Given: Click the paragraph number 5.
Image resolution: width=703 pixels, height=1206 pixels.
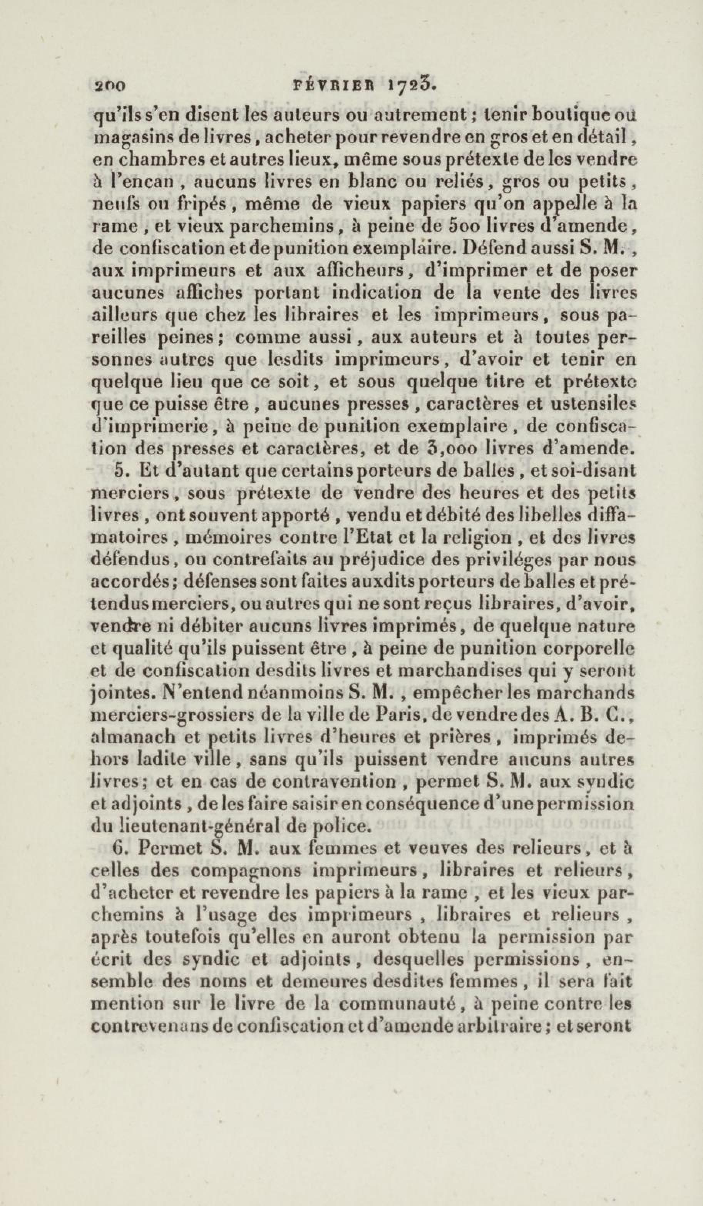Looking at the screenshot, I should pyautogui.click(x=120, y=471).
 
